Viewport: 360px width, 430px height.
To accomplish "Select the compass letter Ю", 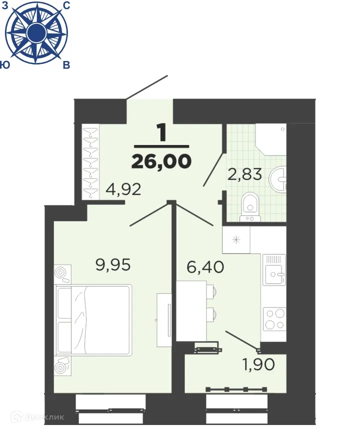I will pyautogui.click(x=5, y=65).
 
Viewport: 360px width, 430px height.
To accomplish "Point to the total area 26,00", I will pyautogui.click(x=161, y=161).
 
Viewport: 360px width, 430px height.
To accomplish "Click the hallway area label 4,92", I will pyautogui.click(x=123, y=189).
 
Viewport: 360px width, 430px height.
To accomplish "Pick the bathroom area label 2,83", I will pyautogui.click(x=246, y=174).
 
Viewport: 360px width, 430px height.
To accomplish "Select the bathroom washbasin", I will pyautogui.click(x=278, y=178).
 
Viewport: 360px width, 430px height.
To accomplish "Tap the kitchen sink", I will pyautogui.click(x=274, y=272).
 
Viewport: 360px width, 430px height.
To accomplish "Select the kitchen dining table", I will pyautogui.click(x=191, y=310).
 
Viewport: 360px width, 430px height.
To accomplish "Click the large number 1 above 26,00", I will pyautogui.click(x=161, y=133).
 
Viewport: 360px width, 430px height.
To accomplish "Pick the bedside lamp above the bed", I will pyautogui.click(x=62, y=273).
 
